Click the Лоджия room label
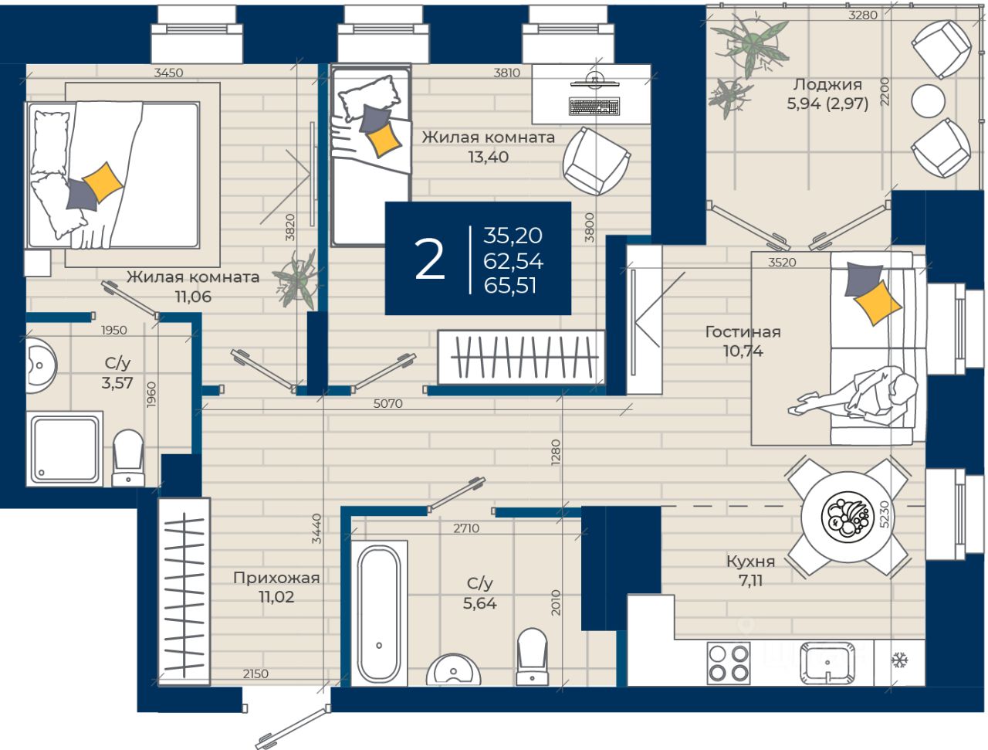coord(827,84)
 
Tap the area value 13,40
coord(489,157)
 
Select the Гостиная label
coord(743,331)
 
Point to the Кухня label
coord(750,562)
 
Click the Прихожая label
coord(276,578)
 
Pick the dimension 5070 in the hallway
coord(387,404)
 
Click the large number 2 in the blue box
coord(429,259)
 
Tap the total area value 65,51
coord(510,286)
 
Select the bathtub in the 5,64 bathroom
coord(379,613)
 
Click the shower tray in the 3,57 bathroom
coord(64,449)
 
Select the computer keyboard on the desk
coord(594,107)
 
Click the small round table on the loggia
coord(928,101)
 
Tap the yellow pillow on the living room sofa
coord(878,302)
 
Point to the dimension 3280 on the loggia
coord(863,15)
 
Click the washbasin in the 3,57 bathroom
coord(40,365)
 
